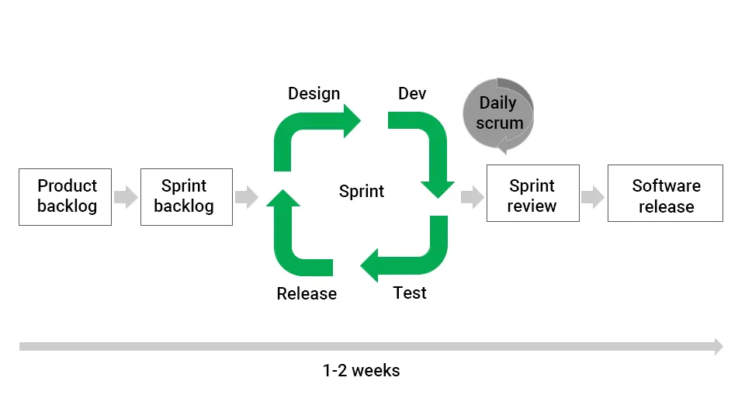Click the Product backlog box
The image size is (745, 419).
click(65, 197)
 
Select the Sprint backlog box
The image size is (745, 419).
click(186, 197)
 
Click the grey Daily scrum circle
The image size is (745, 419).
click(499, 115)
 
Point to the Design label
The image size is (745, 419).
click(314, 94)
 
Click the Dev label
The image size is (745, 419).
click(412, 94)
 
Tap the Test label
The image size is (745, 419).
click(410, 293)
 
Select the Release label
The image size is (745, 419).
click(307, 294)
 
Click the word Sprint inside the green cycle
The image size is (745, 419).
click(362, 192)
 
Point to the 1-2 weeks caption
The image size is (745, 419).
click(361, 371)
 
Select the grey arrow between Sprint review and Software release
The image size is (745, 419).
click(593, 197)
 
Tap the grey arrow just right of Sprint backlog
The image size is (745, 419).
click(246, 197)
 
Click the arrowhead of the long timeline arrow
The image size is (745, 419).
click(718, 347)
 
